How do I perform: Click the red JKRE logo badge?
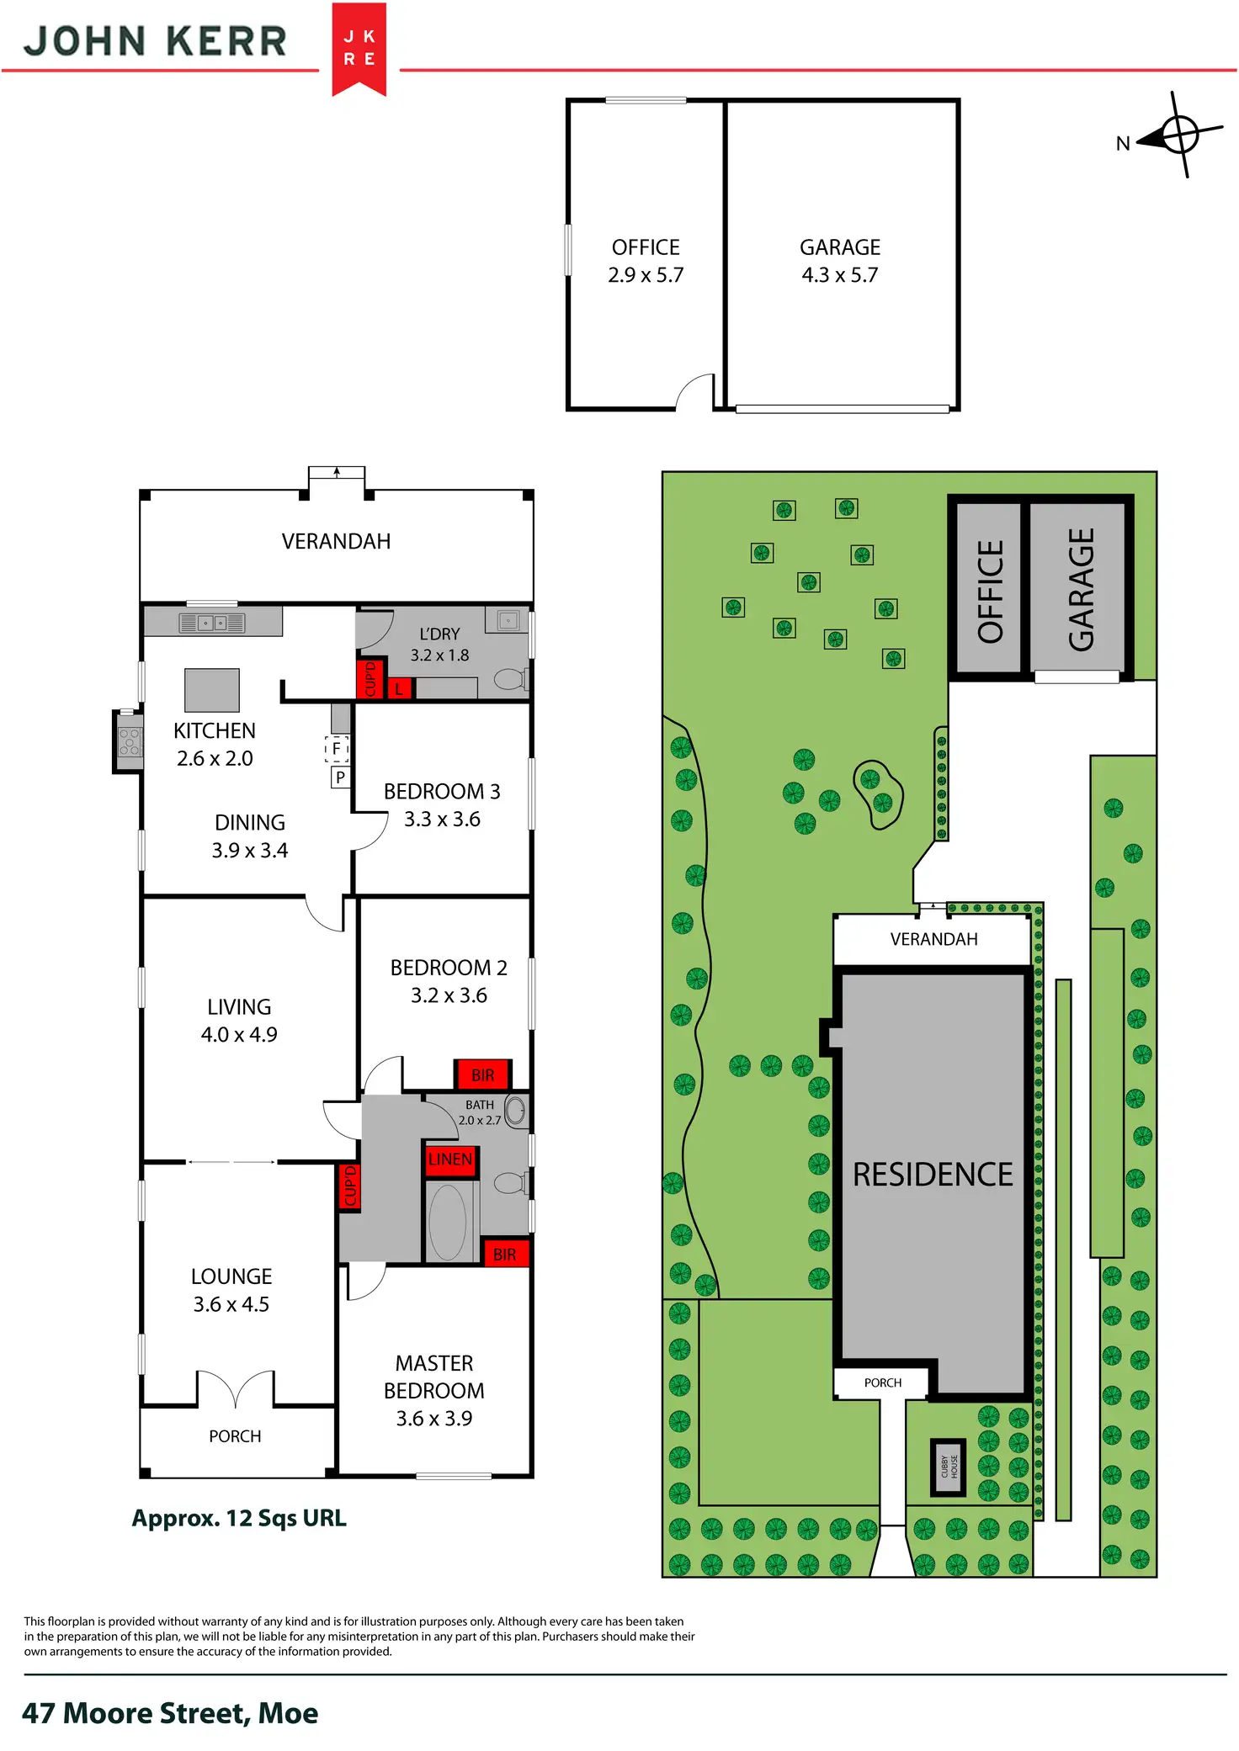coord(359,48)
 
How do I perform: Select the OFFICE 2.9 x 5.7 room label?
coord(646,261)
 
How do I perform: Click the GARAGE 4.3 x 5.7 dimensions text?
coord(840,275)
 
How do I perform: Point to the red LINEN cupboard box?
coord(450,1159)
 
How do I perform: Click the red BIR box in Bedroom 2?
coord(482,1074)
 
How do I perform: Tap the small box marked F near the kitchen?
coord(337,748)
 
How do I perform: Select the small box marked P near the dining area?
coord(340,777)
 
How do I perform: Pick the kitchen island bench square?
coord(212,690)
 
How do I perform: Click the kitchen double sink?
coord(212,623)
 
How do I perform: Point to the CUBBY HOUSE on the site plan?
coord(949,1467)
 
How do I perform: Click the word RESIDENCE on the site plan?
coord(933,1175)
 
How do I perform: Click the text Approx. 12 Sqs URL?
coord(239,1519)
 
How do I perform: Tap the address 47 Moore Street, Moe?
coord(170,1713)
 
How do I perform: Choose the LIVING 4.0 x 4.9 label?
coord(239,1021)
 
